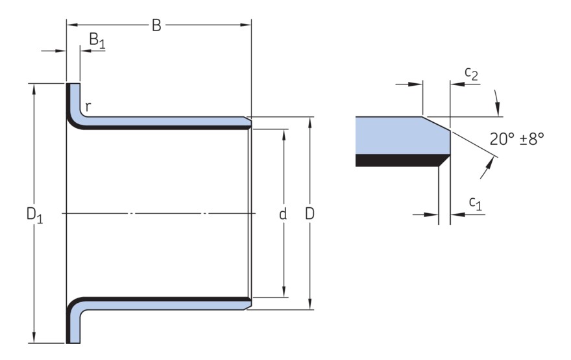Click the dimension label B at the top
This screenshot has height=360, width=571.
(156, 25)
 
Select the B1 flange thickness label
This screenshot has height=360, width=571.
(97, 40)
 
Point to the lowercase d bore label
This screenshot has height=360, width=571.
(283, 214)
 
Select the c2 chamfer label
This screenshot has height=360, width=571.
(472, 75)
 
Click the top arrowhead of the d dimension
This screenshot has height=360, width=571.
(284, 132)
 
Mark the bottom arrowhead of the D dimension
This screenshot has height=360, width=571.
(310, 306)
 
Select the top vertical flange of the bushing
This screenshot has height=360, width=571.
(73, 97)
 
